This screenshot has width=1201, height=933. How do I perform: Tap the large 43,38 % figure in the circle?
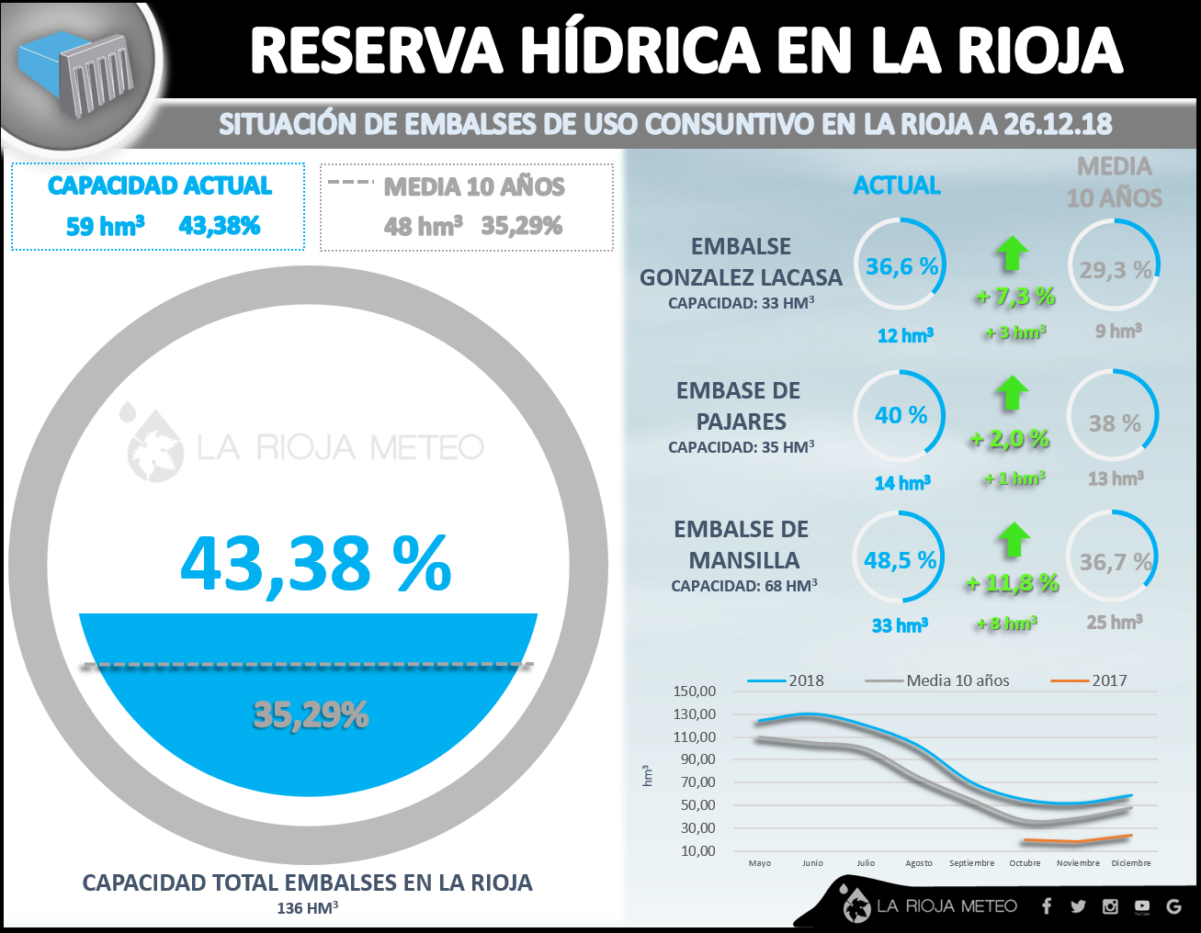click(x=315, y=563)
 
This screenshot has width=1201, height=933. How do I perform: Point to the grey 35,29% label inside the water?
click(x=311, y=714)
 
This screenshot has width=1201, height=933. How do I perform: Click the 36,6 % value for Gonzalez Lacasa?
click(x=901, y=266)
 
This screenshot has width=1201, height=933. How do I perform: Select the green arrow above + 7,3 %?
click(x=1013, y=253)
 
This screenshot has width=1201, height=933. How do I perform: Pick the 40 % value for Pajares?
click(x=901, y=415)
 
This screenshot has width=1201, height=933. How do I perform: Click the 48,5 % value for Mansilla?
click(x=900, y=560)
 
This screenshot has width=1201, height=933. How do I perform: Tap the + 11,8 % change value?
click(x=1013, y=583)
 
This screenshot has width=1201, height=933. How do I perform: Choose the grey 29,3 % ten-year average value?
click(x=1115, y=270)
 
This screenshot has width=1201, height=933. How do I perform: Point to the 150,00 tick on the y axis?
click(x=694, y=691)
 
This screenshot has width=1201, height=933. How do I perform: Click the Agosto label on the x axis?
click(x=919, y=863)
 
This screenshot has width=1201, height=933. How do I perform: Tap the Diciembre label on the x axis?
click(x=1130, y=863)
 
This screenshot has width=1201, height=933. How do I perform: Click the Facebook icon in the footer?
click(x=1047, y=906)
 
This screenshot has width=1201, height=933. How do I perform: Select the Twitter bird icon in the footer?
click(x=1078, y=906)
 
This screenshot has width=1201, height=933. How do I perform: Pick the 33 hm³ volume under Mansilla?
click(x=900, y=625)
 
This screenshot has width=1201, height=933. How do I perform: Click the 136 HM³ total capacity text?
click(x=308, y=908)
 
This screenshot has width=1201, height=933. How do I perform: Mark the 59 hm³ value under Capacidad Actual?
click(x=105, y=226)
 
